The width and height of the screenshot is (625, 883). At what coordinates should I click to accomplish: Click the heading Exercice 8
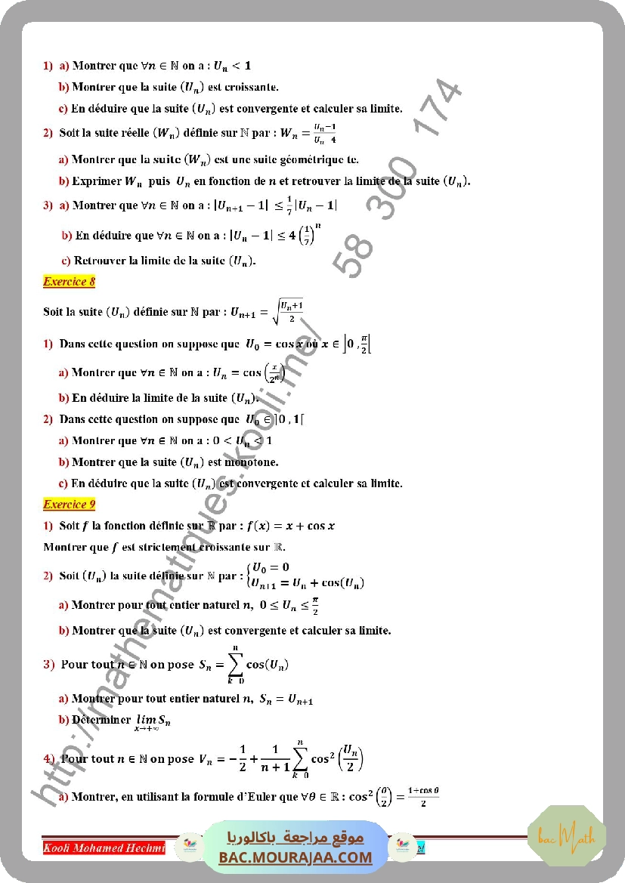point(69,282)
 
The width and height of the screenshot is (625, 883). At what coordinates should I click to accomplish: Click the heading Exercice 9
point(69,504)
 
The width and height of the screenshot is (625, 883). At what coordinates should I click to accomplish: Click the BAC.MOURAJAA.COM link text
point(296,857)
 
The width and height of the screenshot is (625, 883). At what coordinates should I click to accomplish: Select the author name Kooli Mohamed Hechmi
point(104,847)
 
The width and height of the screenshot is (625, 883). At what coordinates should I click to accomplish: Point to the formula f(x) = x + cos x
point(289,526)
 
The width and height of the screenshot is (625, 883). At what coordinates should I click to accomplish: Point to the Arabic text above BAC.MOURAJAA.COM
point(296,837)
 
